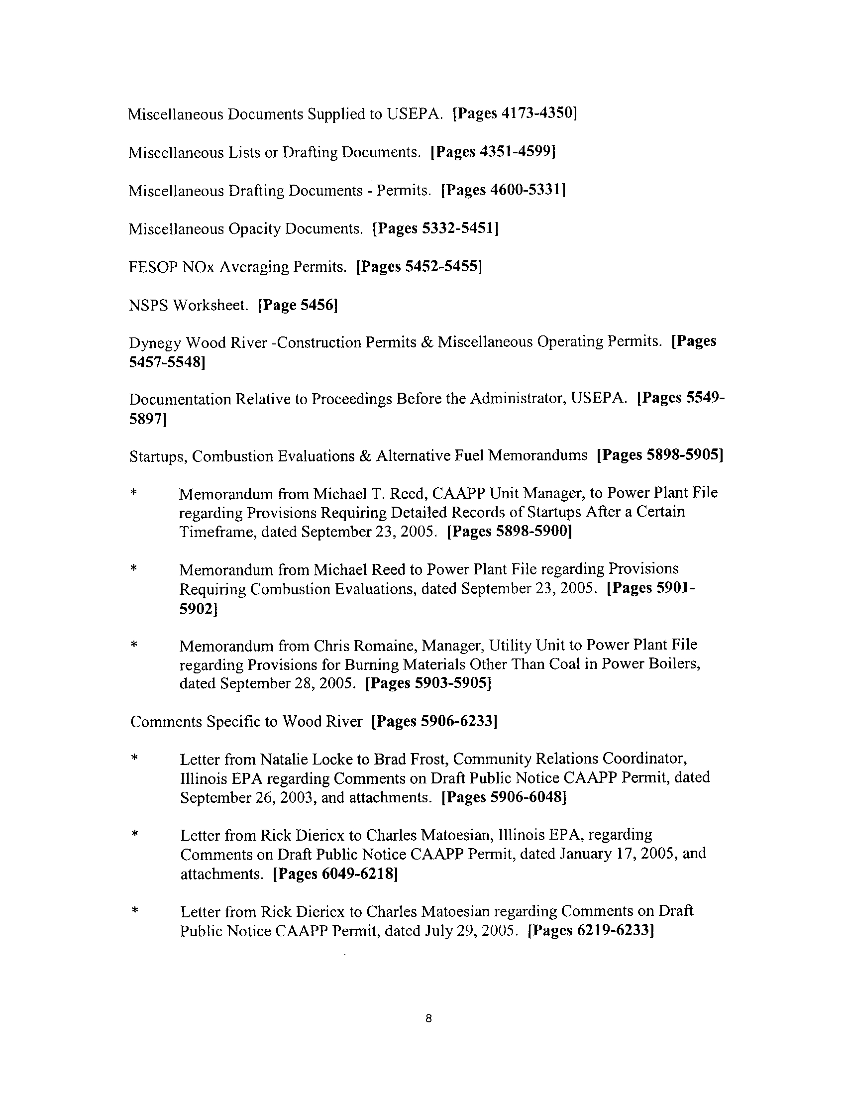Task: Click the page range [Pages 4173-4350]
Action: pos(515,113)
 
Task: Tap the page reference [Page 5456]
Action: pos(297,305)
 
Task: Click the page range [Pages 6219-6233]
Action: pos(591,931)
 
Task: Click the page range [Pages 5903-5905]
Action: pos(428,683)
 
